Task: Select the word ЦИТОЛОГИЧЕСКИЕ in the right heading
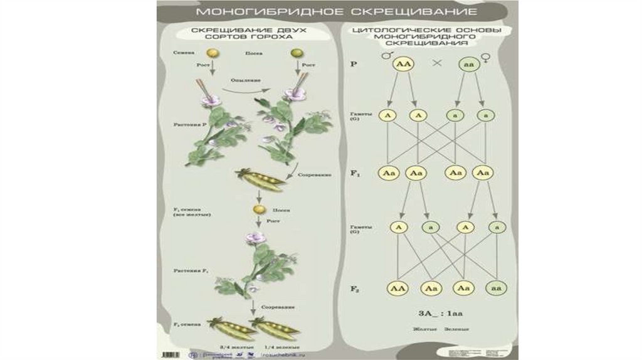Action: tap(385, 31)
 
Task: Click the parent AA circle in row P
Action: tap(402, 64)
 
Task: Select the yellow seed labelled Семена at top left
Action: tap(213, 55)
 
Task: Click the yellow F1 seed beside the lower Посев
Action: tap(257, 209)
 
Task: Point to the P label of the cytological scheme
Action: tap(354, 64)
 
